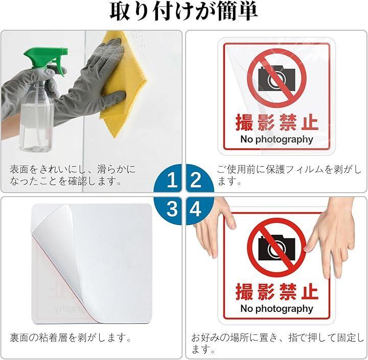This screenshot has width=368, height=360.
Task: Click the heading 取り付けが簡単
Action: click(184, 12)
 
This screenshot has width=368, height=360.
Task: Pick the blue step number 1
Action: click(172, 180)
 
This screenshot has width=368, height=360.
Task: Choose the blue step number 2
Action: click(196, 180)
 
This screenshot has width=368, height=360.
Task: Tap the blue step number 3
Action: click(172, 209)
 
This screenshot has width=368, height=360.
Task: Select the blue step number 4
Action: click(195, 209)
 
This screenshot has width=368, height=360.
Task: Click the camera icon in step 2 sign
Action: click(277, 79)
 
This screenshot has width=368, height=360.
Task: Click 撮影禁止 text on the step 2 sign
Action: click(277, 122)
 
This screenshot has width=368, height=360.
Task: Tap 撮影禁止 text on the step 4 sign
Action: click(277, 291)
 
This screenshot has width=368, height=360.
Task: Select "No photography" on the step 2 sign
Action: click(277, 140)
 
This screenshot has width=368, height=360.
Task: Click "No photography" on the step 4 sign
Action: click(277, 309)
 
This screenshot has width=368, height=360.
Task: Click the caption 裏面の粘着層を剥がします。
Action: click(71, 337)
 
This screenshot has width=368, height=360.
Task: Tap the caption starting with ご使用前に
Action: click(289, 175)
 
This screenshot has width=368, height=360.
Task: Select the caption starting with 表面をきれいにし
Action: click(73, 175)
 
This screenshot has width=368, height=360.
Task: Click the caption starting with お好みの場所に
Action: click(278, 343)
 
